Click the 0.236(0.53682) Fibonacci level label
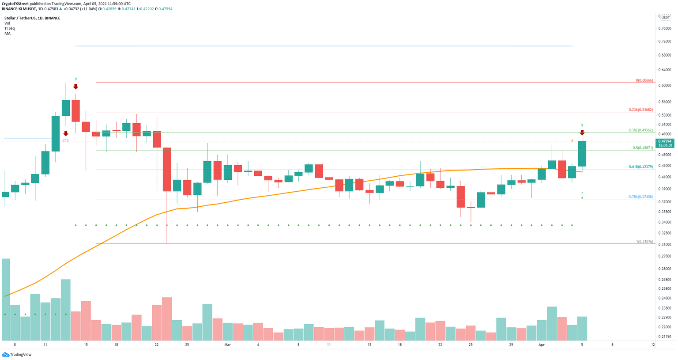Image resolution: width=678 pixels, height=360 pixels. (x=640, y=110)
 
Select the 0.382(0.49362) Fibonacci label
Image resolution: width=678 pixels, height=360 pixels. (x=640, y=130)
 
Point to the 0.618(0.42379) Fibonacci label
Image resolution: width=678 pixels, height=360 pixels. (x=640, y=167)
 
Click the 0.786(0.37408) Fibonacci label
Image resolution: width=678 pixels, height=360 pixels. (x=640, y=197)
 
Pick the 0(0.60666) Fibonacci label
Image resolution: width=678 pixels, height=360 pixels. (x=644, y=80)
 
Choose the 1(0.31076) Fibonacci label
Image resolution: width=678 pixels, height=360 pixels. (x=644, y=242)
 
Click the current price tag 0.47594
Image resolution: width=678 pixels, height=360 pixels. (x=665, y=141)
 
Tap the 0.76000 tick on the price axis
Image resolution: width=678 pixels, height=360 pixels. (x=664, y=28)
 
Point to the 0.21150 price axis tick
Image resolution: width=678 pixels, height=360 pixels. (x=664, y=337)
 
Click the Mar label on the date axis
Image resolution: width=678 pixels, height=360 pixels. (x=227, y=345)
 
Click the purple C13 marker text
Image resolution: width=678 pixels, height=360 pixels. (x=65, y=140)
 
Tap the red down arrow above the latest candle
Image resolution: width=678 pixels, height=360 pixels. (x=582, y=133)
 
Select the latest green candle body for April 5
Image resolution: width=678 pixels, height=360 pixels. (x=582, y=154)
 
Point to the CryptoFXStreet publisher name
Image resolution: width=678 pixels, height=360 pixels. (x=15, y=4)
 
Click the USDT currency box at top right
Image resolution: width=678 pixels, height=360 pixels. (x=665, y=17)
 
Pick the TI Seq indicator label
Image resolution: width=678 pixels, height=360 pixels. (x=10, y=28)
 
